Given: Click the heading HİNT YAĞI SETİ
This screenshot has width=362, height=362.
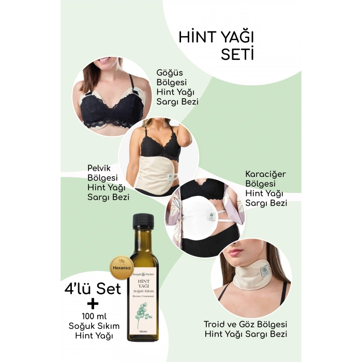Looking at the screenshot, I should (x=216, y=46).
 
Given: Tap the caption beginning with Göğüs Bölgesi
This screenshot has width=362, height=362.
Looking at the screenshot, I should (x=177, y=86).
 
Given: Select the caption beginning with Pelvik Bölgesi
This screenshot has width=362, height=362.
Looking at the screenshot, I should (x=109, y=182).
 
